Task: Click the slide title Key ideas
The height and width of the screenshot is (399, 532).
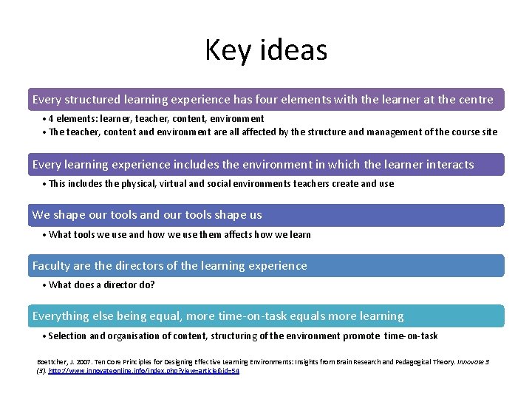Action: click(266, 50)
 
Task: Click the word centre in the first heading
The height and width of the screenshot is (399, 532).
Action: click(477, 99)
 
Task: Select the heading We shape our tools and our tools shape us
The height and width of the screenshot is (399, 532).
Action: click(147, 215)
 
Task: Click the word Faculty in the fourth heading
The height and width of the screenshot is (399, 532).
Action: click(51, 266)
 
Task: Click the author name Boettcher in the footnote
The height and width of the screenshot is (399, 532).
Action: click(52, 361)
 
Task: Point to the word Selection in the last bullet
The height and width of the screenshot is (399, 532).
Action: click(68, 335)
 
